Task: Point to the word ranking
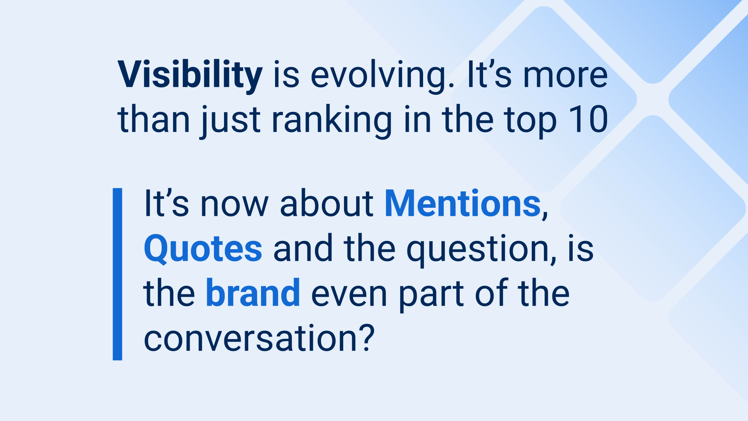[332, 121]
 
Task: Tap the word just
[230, 121]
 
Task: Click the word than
[154, 119]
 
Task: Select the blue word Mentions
[463, 203]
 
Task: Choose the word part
[431, 296]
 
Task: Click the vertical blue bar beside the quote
[117, 274]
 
